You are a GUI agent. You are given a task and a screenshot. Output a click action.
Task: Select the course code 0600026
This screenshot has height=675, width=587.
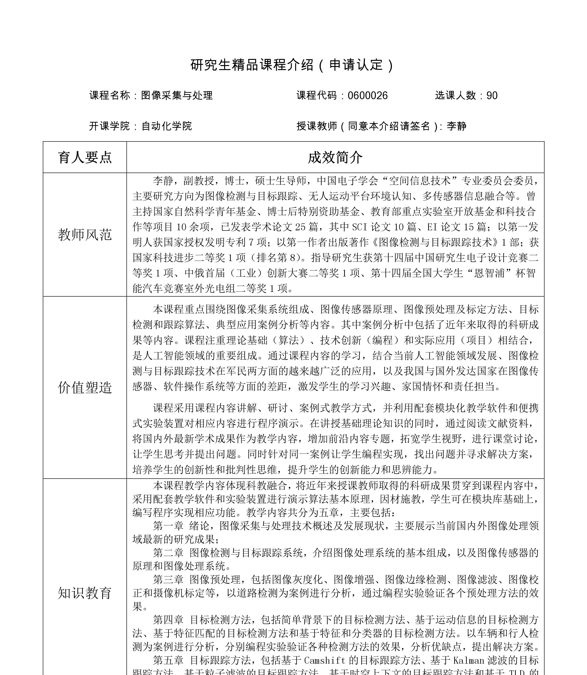[x=368, y=96]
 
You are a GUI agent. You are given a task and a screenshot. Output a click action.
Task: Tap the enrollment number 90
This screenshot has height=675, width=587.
[x=492, y=96]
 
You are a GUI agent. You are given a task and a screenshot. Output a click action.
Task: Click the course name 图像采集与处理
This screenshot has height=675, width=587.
[x=177, y=96]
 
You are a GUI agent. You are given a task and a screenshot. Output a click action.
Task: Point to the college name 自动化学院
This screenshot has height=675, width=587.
[x=166, y=126]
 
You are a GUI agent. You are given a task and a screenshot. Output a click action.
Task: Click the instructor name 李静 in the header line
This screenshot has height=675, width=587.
[x=456, y=126]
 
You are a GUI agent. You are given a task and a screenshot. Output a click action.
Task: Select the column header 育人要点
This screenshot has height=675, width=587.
[x=85, y=158]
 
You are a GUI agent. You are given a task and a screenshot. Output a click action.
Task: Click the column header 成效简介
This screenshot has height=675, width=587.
[x=335, y=158]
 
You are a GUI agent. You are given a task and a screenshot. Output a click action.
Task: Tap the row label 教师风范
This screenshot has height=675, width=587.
[x=85, y=235]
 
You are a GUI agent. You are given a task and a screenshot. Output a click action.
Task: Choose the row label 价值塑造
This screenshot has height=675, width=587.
[x=85, y=387]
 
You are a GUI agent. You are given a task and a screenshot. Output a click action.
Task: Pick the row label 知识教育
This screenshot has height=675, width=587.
[x=85, y=593]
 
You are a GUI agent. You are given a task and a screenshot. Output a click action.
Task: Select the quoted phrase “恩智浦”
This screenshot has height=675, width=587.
[x=491, y=273]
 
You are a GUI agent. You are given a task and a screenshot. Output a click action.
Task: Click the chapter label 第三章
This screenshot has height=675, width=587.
[x=168, y=580]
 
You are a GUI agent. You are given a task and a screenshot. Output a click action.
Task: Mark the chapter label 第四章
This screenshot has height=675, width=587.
[x=168, y=620]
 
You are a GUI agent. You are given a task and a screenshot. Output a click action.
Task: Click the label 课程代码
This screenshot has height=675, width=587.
[x=316, y=96]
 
